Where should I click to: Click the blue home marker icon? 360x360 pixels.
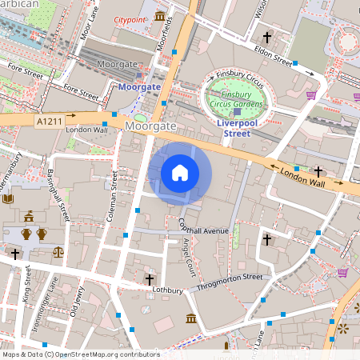point(180,172)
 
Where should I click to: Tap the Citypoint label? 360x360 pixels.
point(130,18)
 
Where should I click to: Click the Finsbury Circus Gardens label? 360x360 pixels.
point(237,99)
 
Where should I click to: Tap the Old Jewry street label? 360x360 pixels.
point(77,305)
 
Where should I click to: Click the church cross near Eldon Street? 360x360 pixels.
point(267,37)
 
